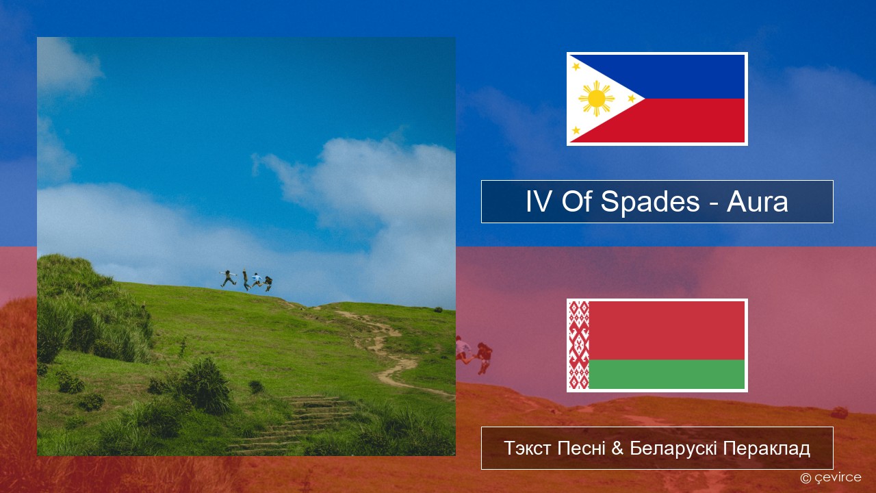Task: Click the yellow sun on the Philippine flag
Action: click(596, 99)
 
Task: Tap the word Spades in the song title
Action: click(650, 201)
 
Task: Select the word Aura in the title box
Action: click(757, 201)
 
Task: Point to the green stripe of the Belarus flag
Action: click(667, 375)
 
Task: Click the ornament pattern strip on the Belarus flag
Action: click(579, 346)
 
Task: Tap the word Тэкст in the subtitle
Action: click(528, 448)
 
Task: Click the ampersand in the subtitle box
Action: click(617, 448)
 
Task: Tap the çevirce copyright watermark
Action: click(831, 477)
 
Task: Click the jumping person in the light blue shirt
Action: click(256, 280)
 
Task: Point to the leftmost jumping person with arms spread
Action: click(228, 278)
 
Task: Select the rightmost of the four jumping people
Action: click(268, 283)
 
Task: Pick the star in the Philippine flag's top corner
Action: click(576, 66)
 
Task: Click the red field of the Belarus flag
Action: click(667, 331)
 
